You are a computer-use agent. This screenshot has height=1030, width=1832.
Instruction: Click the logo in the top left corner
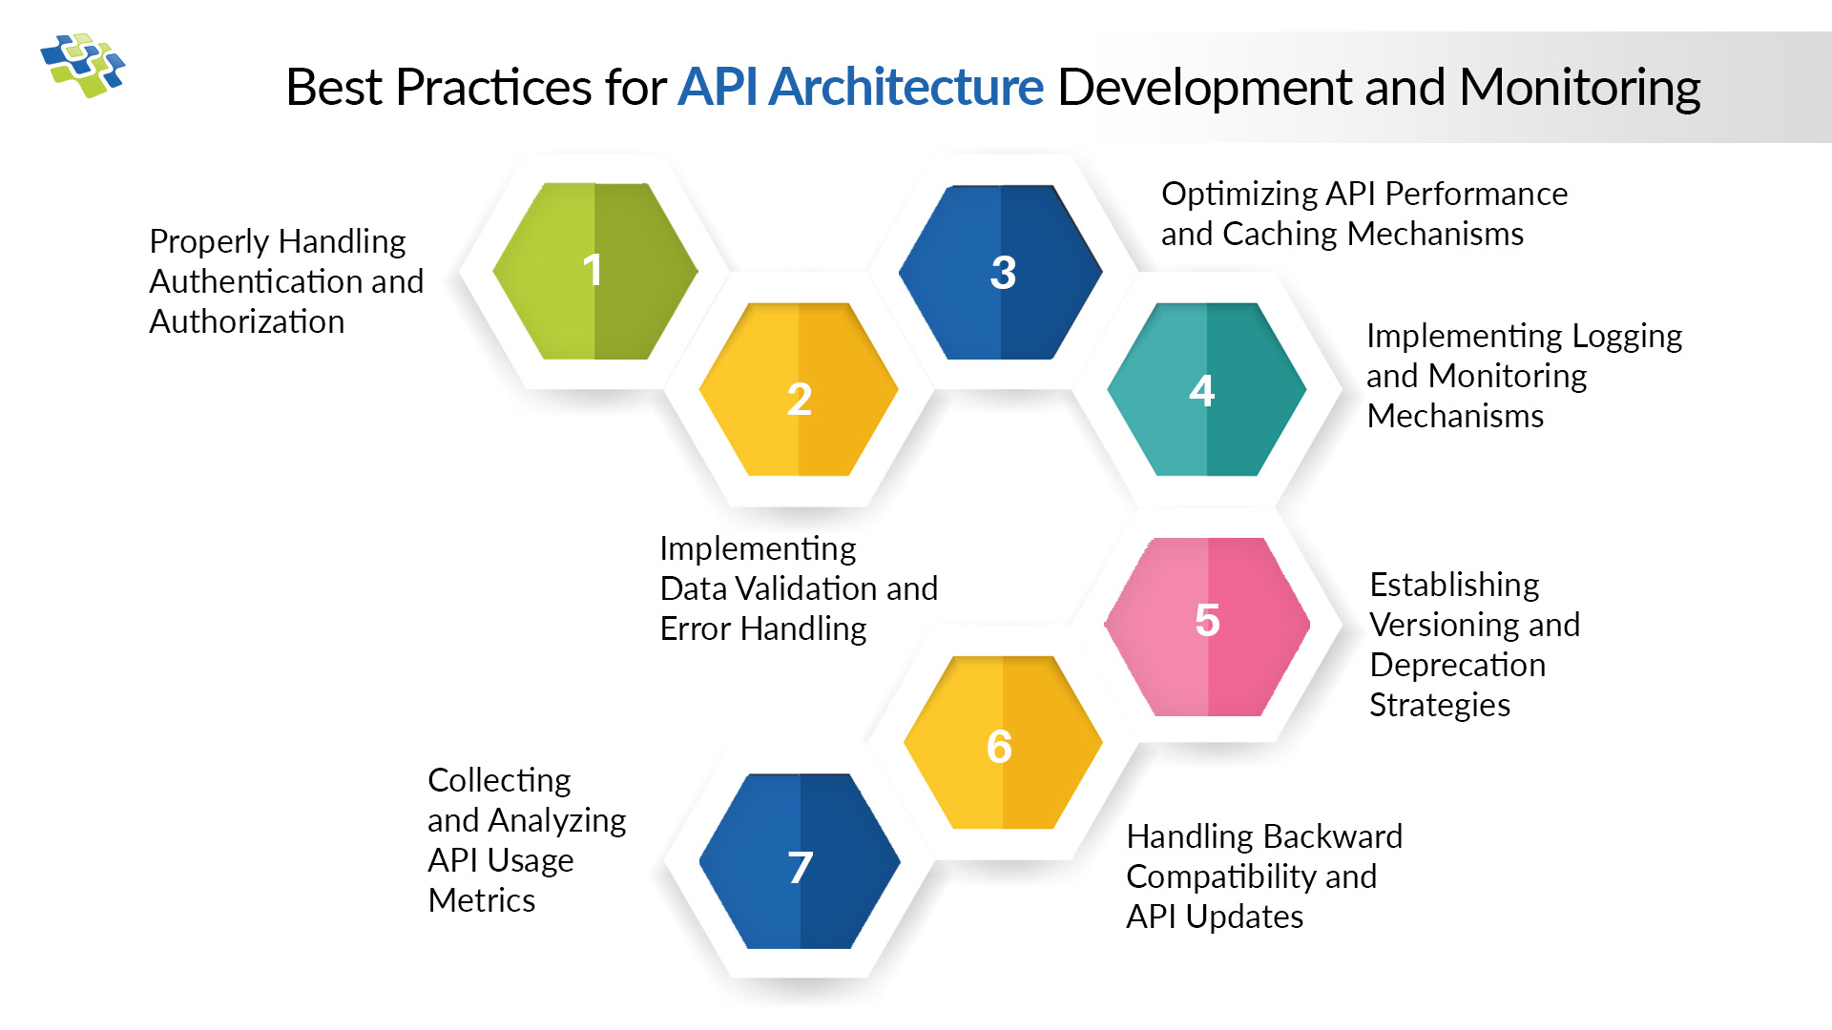(x=83, y=66)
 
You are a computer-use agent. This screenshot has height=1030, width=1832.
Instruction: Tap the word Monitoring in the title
(x=1579, y=88)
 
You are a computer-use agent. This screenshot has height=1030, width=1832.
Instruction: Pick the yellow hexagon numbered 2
(x=800, y=390)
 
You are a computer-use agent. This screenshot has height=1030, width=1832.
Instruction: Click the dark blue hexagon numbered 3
(x=1001, y=272)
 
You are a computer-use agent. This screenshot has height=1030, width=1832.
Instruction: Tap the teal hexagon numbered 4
(x=1206, y=390)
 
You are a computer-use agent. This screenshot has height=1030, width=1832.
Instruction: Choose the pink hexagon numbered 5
(x=1208, y=627)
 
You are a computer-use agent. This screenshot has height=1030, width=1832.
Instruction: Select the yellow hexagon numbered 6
(x=1003, y=743)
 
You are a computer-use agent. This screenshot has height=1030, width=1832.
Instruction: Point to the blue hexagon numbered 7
(x=800, y=862)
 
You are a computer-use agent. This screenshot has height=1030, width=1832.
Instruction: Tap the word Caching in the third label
(x=1280, y=235)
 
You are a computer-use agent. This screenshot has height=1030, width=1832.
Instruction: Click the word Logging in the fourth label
(x=1627, y=337)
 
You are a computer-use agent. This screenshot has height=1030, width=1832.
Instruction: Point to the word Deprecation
(x=1457, y=666)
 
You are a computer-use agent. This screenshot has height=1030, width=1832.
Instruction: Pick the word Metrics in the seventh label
(x=482, y=901)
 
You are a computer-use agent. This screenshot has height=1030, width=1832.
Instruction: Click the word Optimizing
(x=1239, y=195)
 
